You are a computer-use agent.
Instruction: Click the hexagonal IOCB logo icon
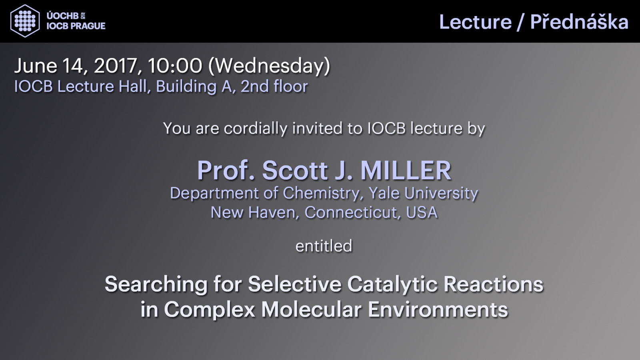coord(25,21)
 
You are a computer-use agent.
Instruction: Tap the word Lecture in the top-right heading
coord(476,22)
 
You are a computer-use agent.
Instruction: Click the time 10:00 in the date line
coord(175,66)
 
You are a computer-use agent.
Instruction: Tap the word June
coord(36,66)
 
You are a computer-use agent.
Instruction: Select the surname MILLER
coord(406,170)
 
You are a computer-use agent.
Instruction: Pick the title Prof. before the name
coord(226,170)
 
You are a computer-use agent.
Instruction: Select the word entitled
coord(324,246)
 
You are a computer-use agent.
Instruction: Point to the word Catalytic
coord(392,284)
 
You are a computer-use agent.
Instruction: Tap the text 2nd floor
coord(274,86)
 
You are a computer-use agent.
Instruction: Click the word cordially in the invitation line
coord(256,129)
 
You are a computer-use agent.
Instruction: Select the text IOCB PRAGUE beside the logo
coord(76,26)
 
